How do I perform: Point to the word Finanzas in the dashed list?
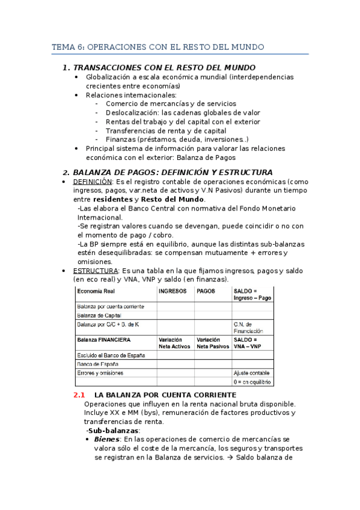(x=120, y=140)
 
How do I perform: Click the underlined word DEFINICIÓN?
(x=93, y=182)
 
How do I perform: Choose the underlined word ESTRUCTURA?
(x=96, y=271)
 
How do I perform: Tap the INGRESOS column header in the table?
(x=172, y=290)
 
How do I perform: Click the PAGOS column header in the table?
(x=206, y=290)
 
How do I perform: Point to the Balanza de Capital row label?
(x=99, y=315)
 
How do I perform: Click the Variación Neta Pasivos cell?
(x=211, y=343)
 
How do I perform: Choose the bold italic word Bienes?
(x=107, y=440)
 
